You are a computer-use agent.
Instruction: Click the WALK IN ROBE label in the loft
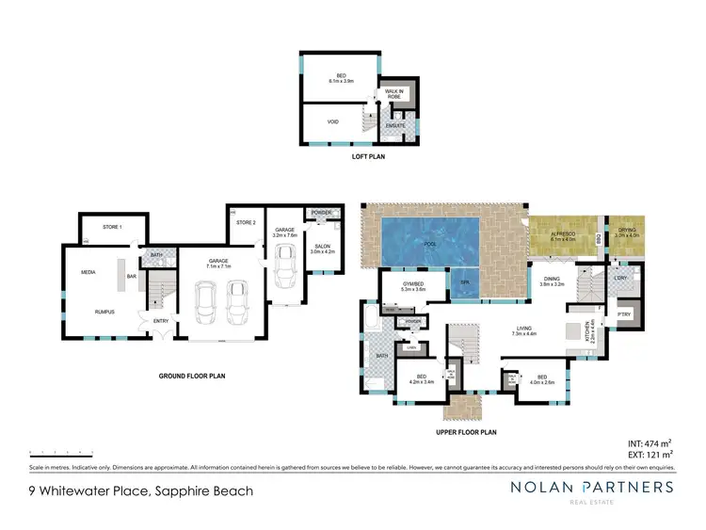[394, 94]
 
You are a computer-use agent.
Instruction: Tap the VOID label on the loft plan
[331, 121]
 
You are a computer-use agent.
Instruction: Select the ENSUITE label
[395, 125]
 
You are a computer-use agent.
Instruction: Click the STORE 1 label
[111, 227]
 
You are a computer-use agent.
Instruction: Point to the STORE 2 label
[247, 222]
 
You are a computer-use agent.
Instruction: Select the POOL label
[429, 243]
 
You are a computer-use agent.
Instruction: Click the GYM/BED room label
[413, 287]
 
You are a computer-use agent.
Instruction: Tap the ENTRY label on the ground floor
[161, 322]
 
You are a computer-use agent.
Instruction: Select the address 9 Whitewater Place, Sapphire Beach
[141, 490]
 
